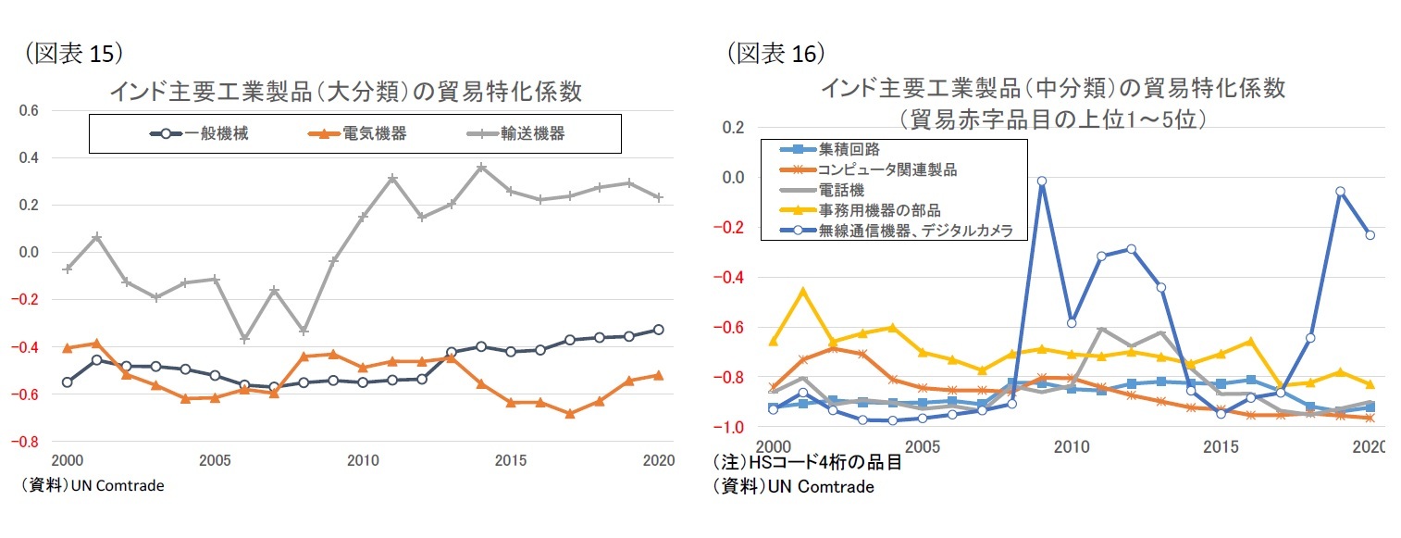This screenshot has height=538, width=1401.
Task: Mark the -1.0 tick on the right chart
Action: coord(732,428)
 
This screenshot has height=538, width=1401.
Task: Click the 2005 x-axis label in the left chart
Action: coord(215,460)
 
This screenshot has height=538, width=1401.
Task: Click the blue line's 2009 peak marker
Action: coord(1042,181)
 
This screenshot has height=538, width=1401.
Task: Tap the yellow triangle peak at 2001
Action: coord(803,291)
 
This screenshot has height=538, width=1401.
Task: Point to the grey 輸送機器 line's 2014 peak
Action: coord(481,168)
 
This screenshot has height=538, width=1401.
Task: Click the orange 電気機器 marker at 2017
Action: coord(570,414)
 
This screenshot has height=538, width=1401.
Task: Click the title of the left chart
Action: coord(345,92)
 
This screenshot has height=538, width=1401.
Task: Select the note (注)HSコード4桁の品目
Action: coord(807,464)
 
